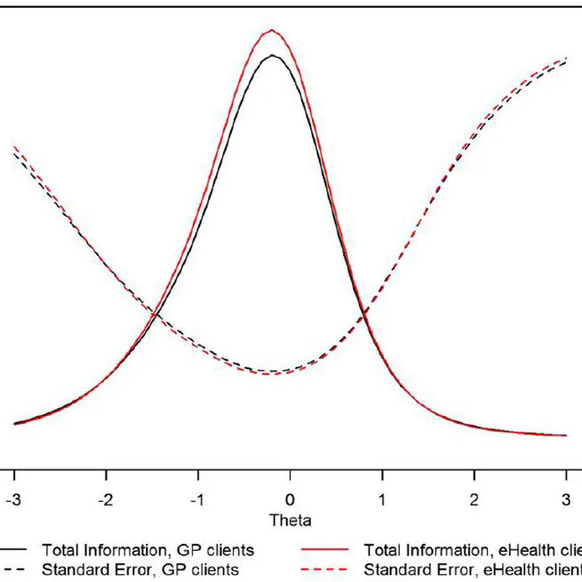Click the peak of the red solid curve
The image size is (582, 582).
point(272,30)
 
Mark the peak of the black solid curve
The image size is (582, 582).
point(272,56)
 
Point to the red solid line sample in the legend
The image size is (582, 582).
point(330,551)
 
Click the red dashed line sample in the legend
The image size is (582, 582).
point(330,570)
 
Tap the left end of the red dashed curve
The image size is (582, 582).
point(13,146)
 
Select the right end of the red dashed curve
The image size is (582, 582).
point(566,59)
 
